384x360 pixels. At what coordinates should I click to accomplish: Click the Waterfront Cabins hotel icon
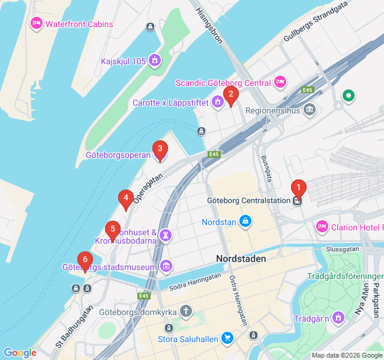pyautogui.click(x=36, y=24)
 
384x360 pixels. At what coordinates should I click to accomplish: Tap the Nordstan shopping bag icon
pyautogui.click(x=245, y=222)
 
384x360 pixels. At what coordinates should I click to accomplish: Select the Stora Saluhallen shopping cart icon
pyautogui.click(x=227, y=338)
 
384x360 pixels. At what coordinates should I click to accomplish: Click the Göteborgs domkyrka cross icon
pyautogui.click(x=187, y=311)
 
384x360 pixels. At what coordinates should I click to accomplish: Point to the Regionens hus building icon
pyautogui.click(x=309, y=110)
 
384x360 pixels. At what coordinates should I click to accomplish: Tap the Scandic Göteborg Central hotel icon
pyautogui.click(x=280, y=82)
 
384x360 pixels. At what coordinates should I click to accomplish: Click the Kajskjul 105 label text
pyautogui.click(x=123, y=61)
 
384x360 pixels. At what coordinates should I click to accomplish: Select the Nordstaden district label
pyautogui.click(x=241, y=258)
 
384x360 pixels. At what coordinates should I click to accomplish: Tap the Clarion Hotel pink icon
pyautogui.click(x=322, y=227)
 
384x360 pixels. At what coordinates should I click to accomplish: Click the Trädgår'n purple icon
pyautogui.click(x=339, y=316)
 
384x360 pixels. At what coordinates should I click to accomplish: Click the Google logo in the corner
pyautogui.click(x=20, y=353)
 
